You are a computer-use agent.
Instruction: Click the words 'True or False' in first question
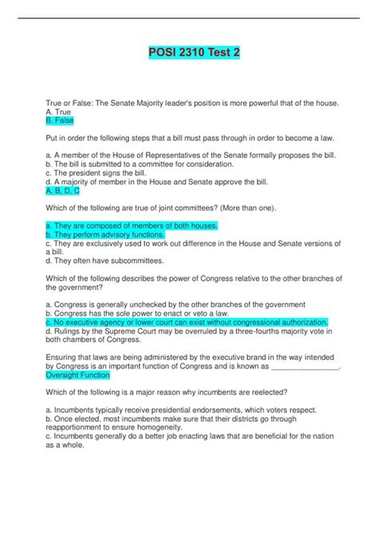point(71,104)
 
